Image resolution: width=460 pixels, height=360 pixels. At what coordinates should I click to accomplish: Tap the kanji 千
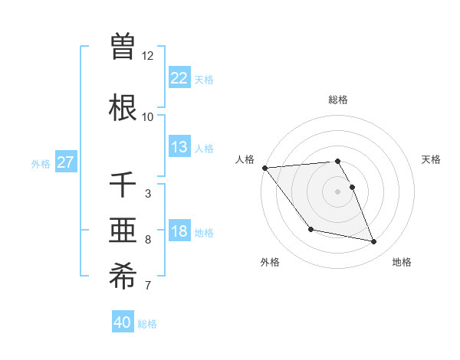tap(123, 184)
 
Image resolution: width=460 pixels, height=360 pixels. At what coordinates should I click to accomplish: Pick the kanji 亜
tap(123, 230)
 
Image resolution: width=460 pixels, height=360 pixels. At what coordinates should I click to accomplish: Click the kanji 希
tap(123, 277)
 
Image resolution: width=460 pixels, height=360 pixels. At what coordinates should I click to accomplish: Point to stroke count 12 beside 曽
tap(148, 56)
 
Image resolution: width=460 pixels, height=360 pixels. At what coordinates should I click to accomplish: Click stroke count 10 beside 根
tap(148, 117)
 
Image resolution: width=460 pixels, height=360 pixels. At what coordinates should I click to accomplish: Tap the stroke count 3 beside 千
tap(148, 194)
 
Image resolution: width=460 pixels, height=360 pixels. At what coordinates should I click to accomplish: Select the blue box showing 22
tap(179, 78)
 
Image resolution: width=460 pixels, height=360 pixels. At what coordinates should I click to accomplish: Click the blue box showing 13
tap(179, 147)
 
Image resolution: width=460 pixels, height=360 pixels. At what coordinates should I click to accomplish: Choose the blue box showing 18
tap(179, 231)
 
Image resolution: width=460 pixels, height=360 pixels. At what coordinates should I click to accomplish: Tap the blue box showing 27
tap(65, 162)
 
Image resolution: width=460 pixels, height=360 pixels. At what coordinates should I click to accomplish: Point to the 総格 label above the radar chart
tap(338, 100)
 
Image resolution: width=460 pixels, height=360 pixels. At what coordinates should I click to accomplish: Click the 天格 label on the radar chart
tap(432, 159)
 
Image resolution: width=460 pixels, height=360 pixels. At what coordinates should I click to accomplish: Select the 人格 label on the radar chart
tap(245, 159)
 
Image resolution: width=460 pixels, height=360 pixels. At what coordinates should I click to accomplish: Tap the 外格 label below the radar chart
tap(270, 263)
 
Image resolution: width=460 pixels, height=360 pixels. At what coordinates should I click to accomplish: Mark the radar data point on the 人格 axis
tap(264, 168)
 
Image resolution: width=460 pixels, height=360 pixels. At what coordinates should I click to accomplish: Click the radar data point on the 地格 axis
tap(374, 242)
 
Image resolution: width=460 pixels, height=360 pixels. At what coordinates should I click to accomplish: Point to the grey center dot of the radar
tap(338, 191)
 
